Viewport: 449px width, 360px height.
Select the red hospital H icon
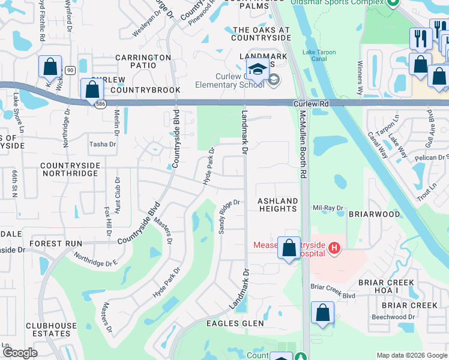point(335,247)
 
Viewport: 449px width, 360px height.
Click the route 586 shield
point(97,104)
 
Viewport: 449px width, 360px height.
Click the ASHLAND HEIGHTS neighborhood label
point(277,205)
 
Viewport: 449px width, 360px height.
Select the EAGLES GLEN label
point(235,323)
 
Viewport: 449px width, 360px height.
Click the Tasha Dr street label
point(103,144)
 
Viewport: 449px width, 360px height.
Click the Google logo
point(20,353)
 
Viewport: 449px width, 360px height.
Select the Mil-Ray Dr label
point(328,208)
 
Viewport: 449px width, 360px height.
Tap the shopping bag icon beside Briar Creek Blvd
point(323,313)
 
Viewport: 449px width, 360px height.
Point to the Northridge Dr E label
point(96,260)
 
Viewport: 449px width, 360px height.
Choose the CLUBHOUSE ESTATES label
point(47,329)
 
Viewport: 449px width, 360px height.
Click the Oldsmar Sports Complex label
point(337,3)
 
